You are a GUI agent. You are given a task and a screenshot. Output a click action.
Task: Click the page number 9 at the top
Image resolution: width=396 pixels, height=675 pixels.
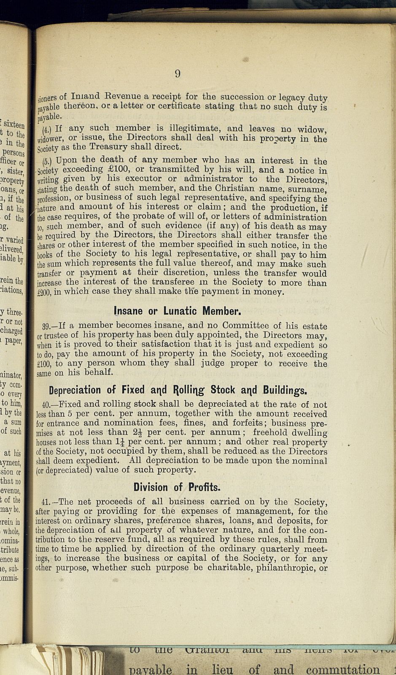pyautogui.click(x=178, y=74)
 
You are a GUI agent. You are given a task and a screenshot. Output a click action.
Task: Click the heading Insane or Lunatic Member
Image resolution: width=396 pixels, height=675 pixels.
pyautogui.click(x=178, y=311)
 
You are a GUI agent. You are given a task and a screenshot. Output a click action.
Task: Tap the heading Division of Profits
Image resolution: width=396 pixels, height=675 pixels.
pyautogui.click(x=177, y=487)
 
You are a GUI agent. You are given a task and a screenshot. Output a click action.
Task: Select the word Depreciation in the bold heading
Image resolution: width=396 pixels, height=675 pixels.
pyautogui.click(x=75, y=389)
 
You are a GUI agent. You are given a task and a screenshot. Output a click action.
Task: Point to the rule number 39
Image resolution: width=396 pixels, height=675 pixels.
pyautogui.click(x=46, y=326)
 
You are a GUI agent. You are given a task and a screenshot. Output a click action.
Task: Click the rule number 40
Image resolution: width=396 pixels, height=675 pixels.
pyautogui.click(x=47, y=405)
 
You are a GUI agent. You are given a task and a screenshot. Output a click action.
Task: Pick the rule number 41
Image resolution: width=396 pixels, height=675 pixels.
pyautogui.click(x=46, y=502)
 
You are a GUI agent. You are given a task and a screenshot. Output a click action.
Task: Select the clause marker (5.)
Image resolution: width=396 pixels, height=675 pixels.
pyautogui.click(x=47, y=162)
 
